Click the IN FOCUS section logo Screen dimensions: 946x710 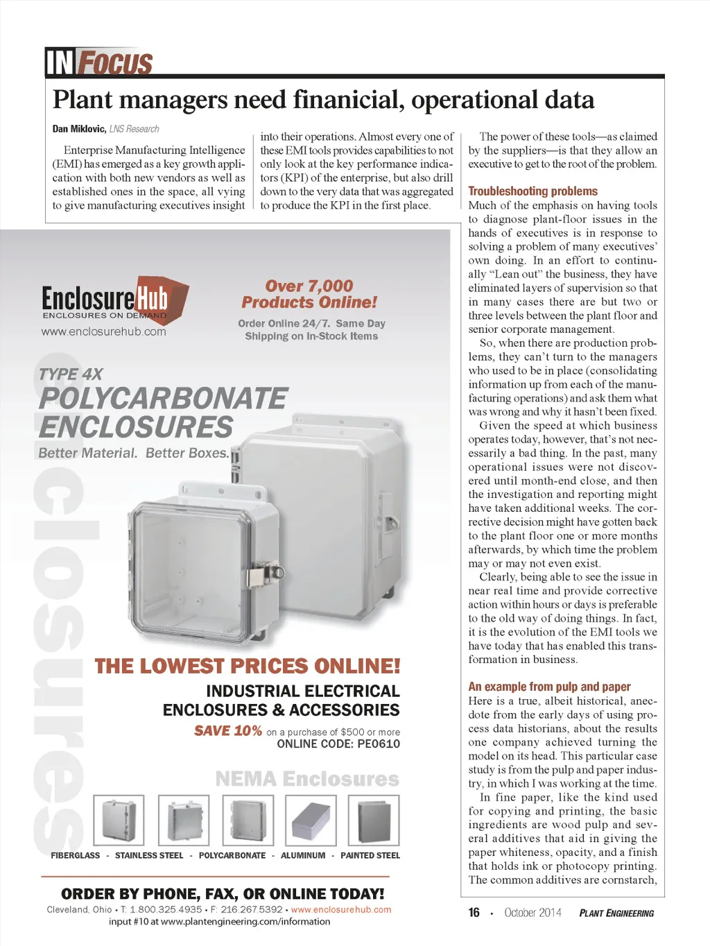(x=98, y=62)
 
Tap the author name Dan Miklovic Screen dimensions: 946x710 (x=79, y=129)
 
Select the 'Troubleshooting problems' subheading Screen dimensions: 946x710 (x=532, y=191)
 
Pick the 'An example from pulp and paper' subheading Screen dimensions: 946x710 (x=549, y=687)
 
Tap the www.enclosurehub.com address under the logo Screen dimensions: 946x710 (x=104, y=332)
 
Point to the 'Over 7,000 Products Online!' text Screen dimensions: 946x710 (x=309, y=294)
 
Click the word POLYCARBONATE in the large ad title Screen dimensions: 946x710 (x=163, y=399)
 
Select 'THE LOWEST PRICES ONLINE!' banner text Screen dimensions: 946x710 (x=248, y=666)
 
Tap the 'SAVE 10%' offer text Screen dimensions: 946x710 (x=228, y=731)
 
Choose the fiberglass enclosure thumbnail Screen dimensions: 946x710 (x=119, y=820)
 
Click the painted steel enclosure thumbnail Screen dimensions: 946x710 (x=374, y=820)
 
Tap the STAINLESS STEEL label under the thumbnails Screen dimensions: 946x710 (x=149, y=856)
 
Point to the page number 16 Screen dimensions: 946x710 (x=474, y=913)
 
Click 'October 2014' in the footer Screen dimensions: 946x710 (x=532, y=913)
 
